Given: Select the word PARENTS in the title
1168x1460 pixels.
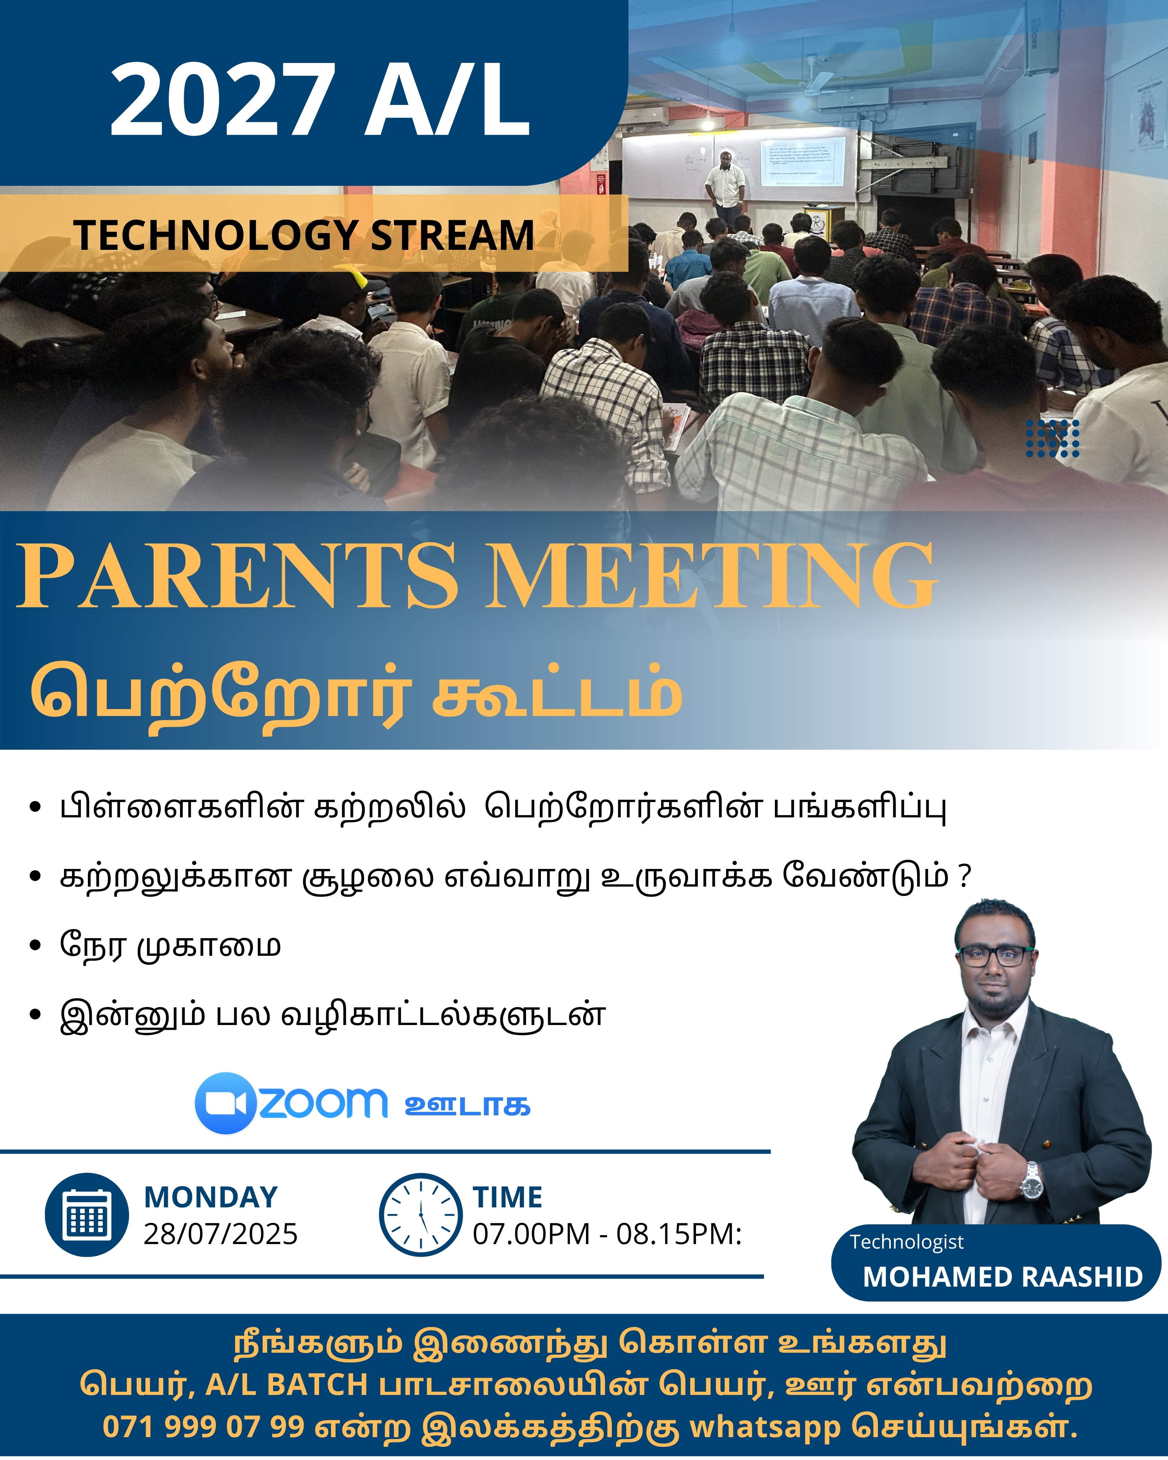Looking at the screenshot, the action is pyautogui.click(x=237, y=575).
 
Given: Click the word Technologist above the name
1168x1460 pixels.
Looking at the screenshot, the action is pyautogui.click(x=907, y=1242).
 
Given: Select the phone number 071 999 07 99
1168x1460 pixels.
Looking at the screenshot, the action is pyautogui.click(x=203, y=1427).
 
